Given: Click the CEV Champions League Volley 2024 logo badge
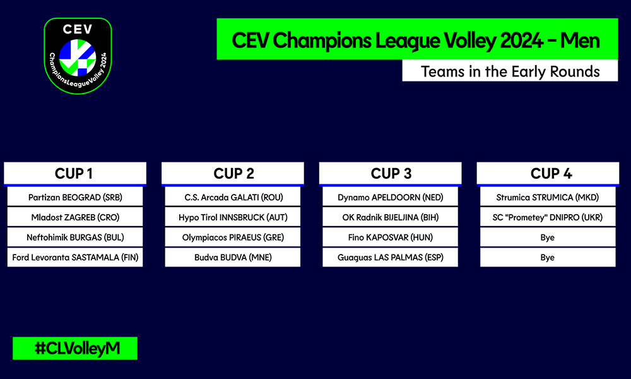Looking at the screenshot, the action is [x=78, y=56].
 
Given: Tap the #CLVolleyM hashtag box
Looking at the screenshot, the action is [x=75, y=348].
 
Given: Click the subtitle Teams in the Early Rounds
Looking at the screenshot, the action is [x=510, y=71].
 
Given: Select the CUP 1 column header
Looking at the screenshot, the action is [x=75, y=174].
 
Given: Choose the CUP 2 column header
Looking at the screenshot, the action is [x=233, y=174].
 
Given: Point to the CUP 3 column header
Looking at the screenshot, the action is [x=391, y=174].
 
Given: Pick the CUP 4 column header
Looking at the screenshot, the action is [x=548, y=174].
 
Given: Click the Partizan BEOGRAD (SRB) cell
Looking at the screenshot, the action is [x=75, y=197].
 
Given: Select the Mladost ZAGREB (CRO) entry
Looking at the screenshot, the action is [x=75, y=217].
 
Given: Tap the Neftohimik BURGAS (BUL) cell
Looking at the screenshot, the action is [x=75, y=238].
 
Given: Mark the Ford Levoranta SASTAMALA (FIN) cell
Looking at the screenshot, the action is [x=75, y=257].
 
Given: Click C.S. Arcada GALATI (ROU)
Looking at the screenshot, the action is [x=233, y=197].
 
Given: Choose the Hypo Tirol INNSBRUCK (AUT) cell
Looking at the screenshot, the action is [x=233, y=217].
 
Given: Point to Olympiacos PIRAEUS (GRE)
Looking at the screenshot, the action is [x=233, y=238].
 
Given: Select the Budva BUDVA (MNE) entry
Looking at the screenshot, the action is [x=233, y=257].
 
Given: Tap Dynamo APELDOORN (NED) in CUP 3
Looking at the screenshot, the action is [x=391, y=197].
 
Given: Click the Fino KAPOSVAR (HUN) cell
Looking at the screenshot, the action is [x=391, y=238].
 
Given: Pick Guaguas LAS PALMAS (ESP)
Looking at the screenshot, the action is [x=391, y=257].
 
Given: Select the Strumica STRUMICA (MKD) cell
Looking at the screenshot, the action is [x=548, y=197].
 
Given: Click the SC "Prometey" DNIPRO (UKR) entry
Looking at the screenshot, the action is [x=548, y=217].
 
